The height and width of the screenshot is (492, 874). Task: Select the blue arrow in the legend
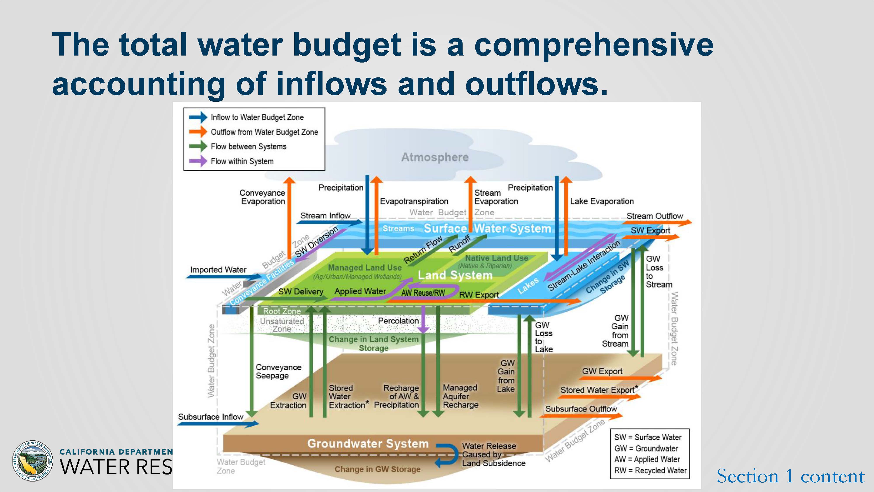pyautogui.click(x=198, y=117)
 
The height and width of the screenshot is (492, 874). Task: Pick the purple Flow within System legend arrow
pyautogui.click(x=198, y=161)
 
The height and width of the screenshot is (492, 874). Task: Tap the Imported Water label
pyautogui.click(x=218, y=270)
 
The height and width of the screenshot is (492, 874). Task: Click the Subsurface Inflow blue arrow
pyautogui.click(x=217, y=423)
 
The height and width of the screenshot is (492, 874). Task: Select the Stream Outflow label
pyautogui.click(x=654, y=216)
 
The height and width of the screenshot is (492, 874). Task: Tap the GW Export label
pyautogui.click(x=602, y=371)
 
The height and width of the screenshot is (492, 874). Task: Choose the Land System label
pyautogui.click(x=455, y=275)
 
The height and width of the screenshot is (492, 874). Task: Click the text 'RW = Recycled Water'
pyautogui.click(x=650, y=470)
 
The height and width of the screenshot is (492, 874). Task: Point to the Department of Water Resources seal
pyautogui.click(x=33, y=461)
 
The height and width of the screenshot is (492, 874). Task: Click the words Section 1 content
pyautogui.click(x=791, y=476)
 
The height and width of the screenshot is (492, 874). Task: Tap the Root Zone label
pyautogui.click(x=282, y=311)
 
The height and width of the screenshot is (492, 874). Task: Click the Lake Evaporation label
pyautogui.click(x=602, y=201)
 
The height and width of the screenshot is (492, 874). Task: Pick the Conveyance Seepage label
pyautogui.click(x=278, y=372)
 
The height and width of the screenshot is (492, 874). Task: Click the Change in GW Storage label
pyautogui.click(x=377, y=469)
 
